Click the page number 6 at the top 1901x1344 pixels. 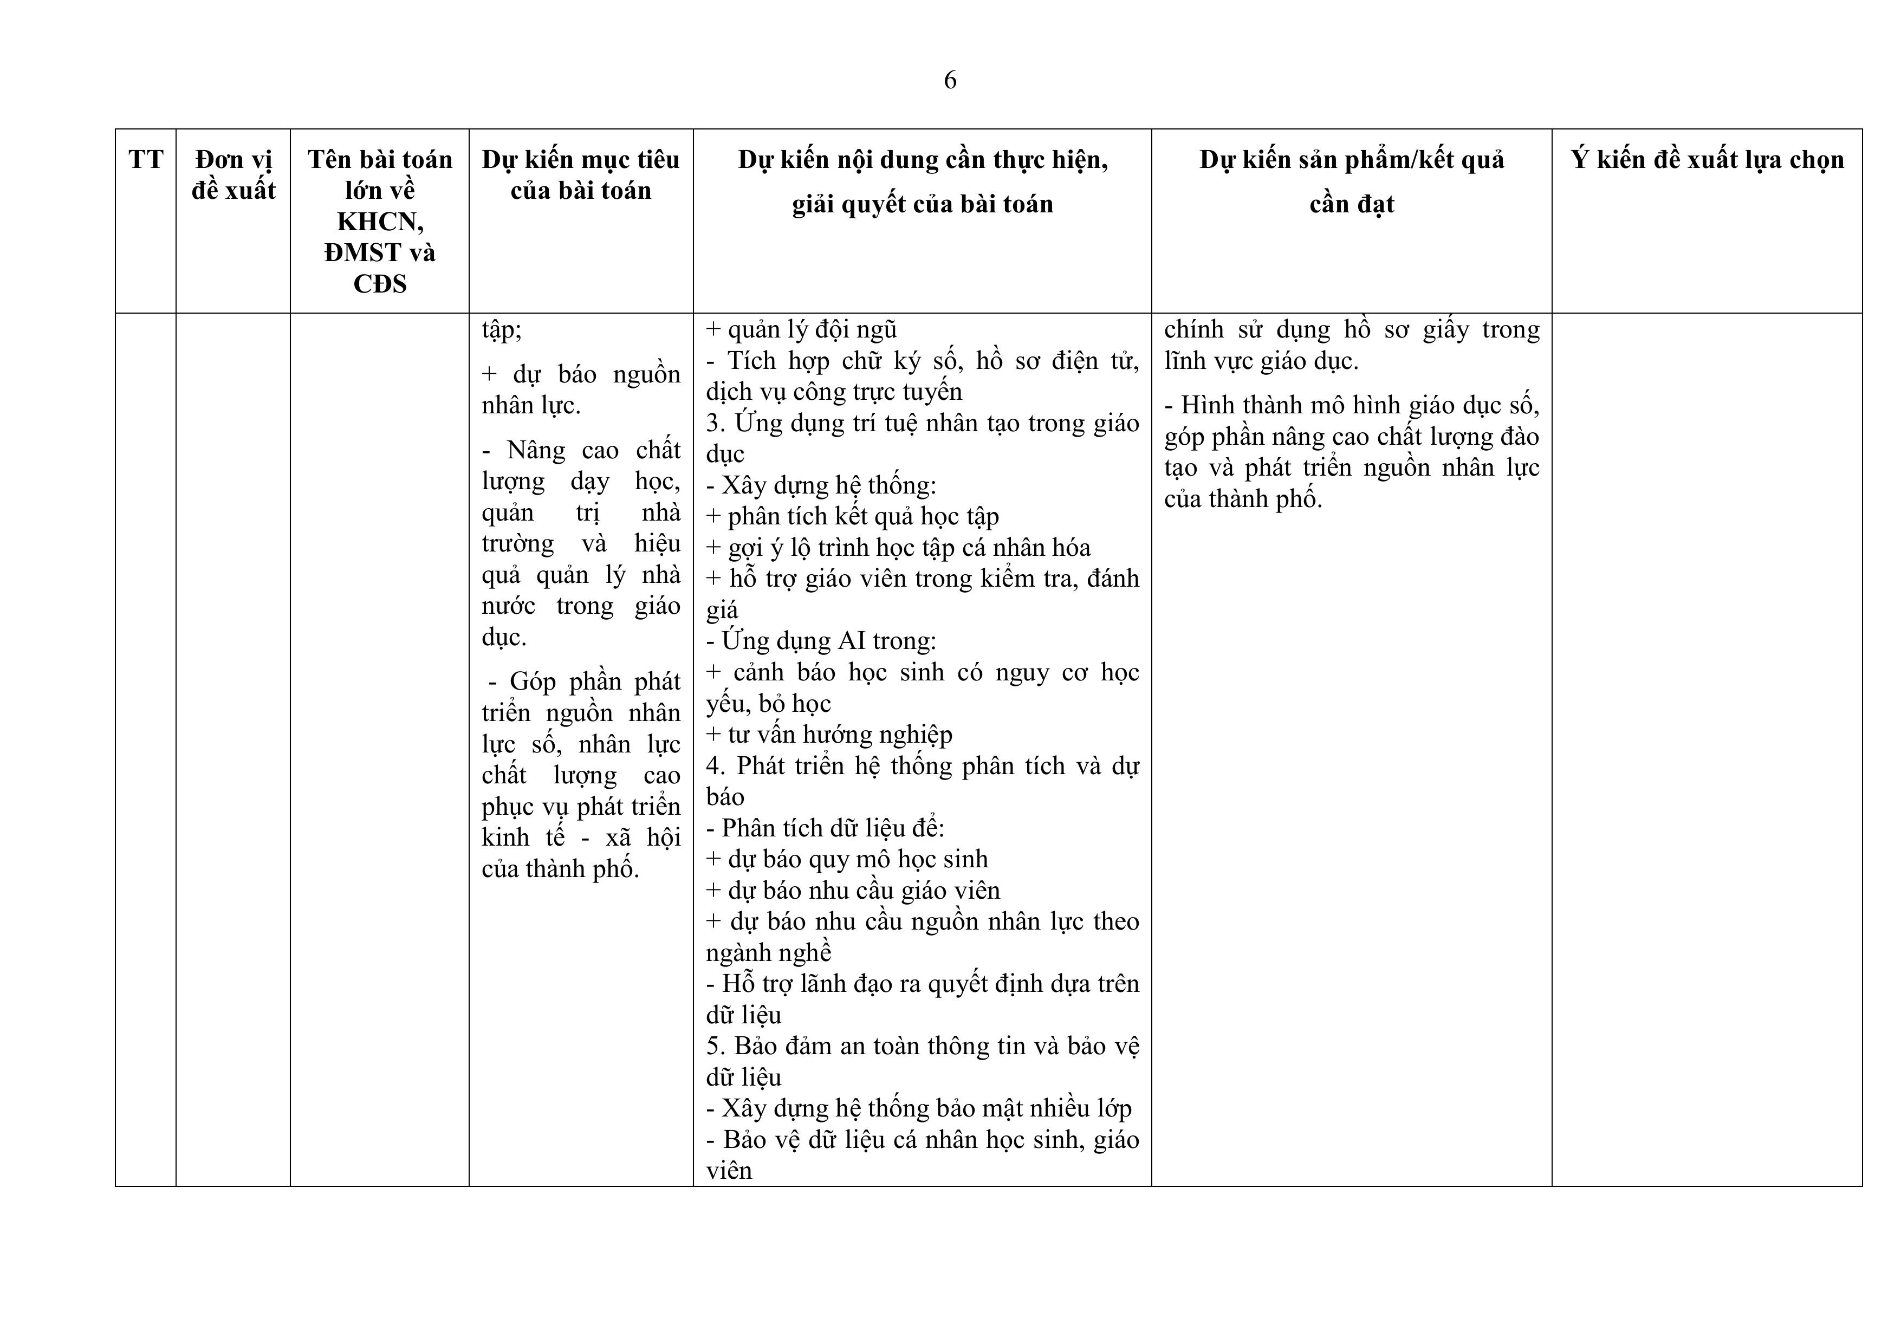tap(950, 80)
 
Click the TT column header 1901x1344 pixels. tap(146, 159)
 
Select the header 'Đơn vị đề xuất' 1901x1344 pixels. tap(233, 175)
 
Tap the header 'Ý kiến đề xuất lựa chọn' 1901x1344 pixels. tap(1707, 159)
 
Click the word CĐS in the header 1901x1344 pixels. tap(380, 284)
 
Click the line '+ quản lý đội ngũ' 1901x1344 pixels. tap(801, 329)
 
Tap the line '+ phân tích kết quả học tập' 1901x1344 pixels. tap(852, 517)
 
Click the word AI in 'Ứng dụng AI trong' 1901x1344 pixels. tap(852, 641)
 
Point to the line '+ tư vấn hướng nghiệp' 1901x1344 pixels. tap(829, 735)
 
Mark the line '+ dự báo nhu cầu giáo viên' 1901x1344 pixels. tap(853, 890)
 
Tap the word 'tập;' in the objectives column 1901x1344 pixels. tap(502, 329)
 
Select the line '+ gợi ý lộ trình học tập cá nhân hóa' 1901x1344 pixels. tap(898, 547)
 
